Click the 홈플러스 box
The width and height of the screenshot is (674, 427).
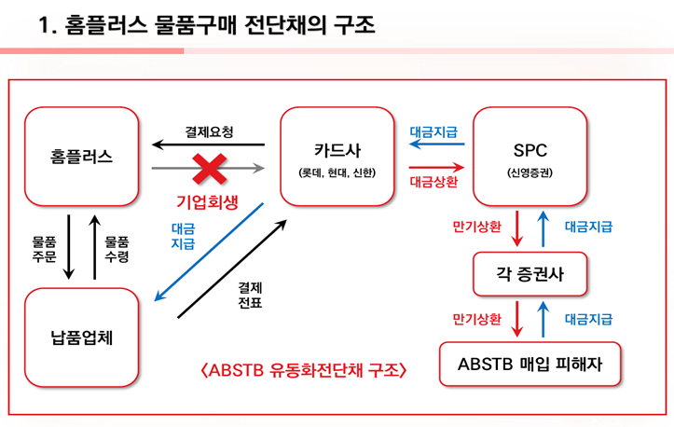point(82,157)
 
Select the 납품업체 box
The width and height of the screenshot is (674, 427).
point(82,337)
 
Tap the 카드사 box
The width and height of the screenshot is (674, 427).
point(337,157)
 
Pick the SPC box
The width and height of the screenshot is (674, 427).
point(530,157)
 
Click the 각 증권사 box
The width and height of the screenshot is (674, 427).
point(530,274)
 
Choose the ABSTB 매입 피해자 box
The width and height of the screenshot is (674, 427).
point(530,365)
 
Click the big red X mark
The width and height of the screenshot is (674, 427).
point(210,169)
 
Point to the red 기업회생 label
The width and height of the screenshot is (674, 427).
point(207,201)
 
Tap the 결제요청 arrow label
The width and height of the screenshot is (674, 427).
point(210,131)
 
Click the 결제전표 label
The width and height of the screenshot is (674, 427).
point(250,295)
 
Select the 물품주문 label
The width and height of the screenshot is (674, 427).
point(44,249)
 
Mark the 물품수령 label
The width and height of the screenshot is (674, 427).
point(117,249)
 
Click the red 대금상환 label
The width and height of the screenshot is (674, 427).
point(433,182)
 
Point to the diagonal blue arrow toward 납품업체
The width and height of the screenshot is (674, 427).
point(209,252)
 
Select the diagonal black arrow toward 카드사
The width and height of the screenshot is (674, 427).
point(232,269)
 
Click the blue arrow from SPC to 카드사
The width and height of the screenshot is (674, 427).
point(436,144)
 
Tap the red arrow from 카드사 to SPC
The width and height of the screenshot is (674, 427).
point(436,167)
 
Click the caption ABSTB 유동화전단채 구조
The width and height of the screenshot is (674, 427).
point(304,370)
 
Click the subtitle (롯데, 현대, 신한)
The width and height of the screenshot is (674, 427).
point(337,172)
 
